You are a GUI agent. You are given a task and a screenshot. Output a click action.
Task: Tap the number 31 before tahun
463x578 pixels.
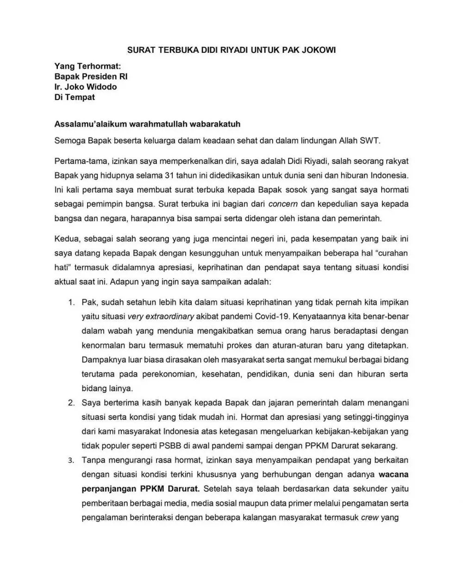169,176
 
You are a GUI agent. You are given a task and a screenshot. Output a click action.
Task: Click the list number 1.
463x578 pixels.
71,302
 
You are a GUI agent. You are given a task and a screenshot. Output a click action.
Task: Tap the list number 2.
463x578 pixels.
71,403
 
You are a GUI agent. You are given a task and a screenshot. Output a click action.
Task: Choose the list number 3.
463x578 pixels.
71,460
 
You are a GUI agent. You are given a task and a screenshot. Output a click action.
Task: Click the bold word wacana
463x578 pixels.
393,474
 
